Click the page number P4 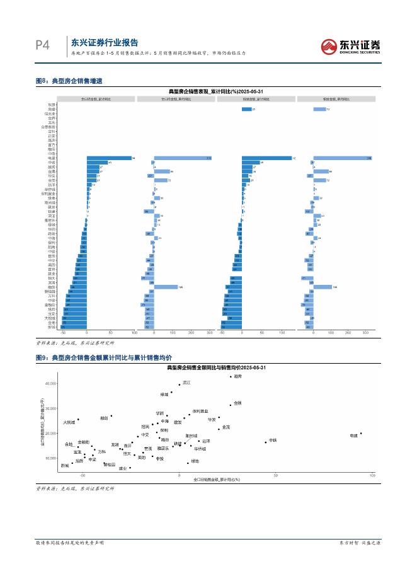42,45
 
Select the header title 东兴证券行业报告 104,43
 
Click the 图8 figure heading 69,81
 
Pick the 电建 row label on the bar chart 52,158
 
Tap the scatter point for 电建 361,434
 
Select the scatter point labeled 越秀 231,377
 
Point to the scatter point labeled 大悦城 78,419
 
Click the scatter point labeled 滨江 180,384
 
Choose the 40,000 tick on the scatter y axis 49,383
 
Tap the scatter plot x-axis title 218,480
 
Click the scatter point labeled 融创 111,415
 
